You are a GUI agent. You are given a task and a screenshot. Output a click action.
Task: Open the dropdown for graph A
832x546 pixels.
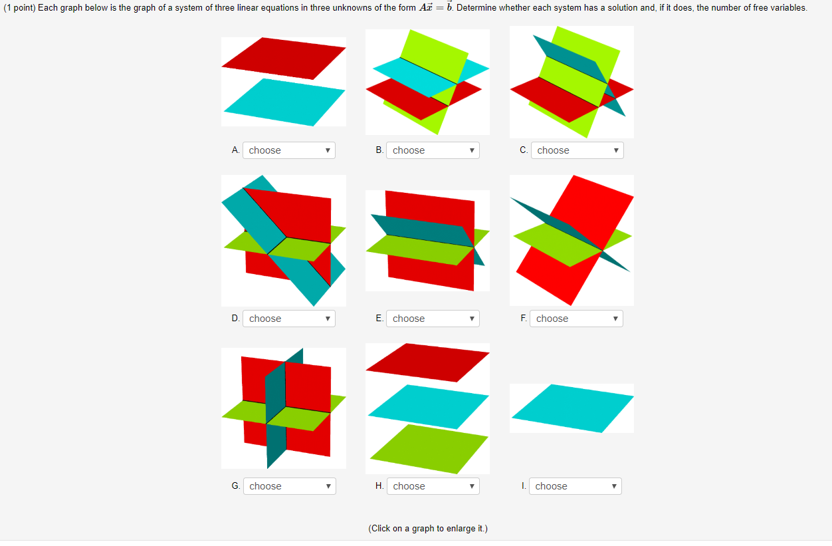(x=288, y=150)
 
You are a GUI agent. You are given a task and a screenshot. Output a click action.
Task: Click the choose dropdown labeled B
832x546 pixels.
(x=432, y=150)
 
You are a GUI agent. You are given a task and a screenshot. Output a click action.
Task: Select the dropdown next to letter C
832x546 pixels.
(x=577, y=150)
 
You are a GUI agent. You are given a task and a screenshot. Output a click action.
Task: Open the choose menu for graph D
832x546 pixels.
(x=288, y=319)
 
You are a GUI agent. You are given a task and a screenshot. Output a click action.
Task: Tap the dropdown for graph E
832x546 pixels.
(x=432, y=319)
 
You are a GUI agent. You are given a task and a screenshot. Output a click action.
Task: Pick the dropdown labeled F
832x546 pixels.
(x=575, y=319)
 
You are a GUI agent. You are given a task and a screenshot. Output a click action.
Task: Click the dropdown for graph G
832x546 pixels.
(x=289, y=486)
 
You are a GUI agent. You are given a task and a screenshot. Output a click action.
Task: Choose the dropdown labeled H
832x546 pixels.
(x=432, y=486)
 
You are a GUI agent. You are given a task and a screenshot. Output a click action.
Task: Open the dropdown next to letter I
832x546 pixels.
(x=575, y=486)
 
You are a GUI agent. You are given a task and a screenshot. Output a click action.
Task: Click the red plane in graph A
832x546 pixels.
(x=284, y=57)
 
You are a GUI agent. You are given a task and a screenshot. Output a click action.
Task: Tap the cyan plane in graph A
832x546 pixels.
(x=284, y=101)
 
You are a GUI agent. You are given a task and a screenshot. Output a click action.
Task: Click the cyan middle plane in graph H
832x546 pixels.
(x=429, y=404)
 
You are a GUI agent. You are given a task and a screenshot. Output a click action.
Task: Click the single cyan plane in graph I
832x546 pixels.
(x=572, y=407)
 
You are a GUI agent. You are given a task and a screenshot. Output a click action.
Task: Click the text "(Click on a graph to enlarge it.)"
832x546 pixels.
(x=427, y=529)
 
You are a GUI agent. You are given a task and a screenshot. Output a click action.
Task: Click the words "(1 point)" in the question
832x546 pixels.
(x=20, y=8)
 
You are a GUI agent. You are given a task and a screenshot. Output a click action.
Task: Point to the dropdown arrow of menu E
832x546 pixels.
(x=472, y=319)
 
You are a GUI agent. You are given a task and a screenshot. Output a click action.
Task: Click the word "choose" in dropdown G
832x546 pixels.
(x=266, y=486)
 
